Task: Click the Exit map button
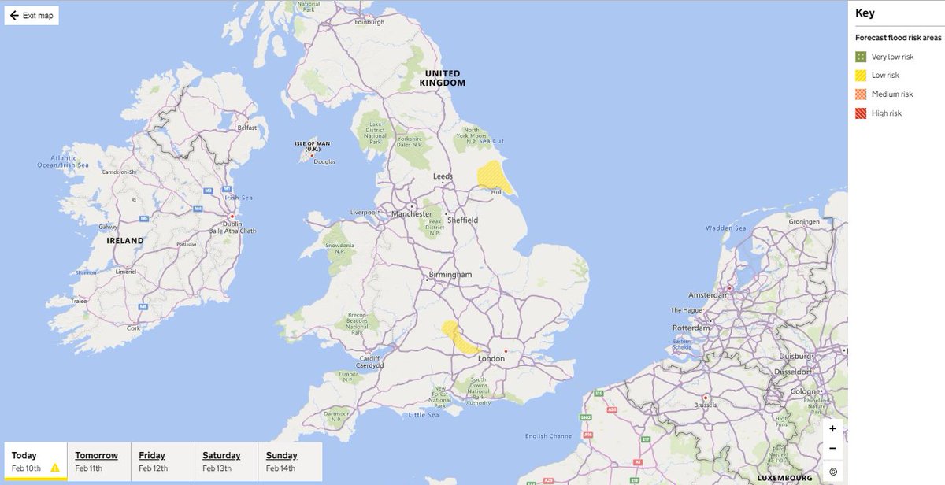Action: coord(31,16)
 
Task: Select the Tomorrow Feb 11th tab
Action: coord(97,461)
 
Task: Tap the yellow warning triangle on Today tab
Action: coord(55,468)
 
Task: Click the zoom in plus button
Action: coord(832,428)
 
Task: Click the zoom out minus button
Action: coord(832,449)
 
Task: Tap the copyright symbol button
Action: coord(832,472)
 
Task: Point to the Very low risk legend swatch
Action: coord(862,57)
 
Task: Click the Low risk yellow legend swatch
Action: coord(862,76)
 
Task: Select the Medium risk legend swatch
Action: coord(862,94)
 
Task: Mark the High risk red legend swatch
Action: coord(862,113)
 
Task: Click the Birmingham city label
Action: coord(450,275)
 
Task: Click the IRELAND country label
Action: coord(126,240)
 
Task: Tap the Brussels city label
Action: coord(706,406)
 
